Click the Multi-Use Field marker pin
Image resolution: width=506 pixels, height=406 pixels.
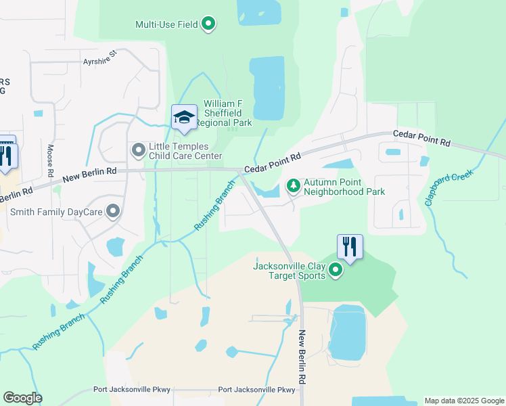pyautogui.click(x=209, y=24)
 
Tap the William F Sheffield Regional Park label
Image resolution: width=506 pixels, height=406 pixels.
pyautogui.click(x=228, y=113)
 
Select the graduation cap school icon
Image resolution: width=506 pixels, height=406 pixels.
pyautogui.click(x=184, y=118)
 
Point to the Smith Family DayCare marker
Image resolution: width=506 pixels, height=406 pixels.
pyautogui.click(x=113, y=212)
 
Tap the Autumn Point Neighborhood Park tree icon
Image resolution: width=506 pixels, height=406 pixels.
pyautogui.click(x=294, y=184)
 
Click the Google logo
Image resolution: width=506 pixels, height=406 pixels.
pyautogui.click(x=22, y=398)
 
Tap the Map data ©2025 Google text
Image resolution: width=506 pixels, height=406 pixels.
pyautogui.click(x=463, y=401)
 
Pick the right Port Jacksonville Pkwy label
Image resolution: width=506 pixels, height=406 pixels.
pyautogui.click(x=257, y=390)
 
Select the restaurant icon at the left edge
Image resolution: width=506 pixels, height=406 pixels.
pyautogui.click(x=6, y=155)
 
